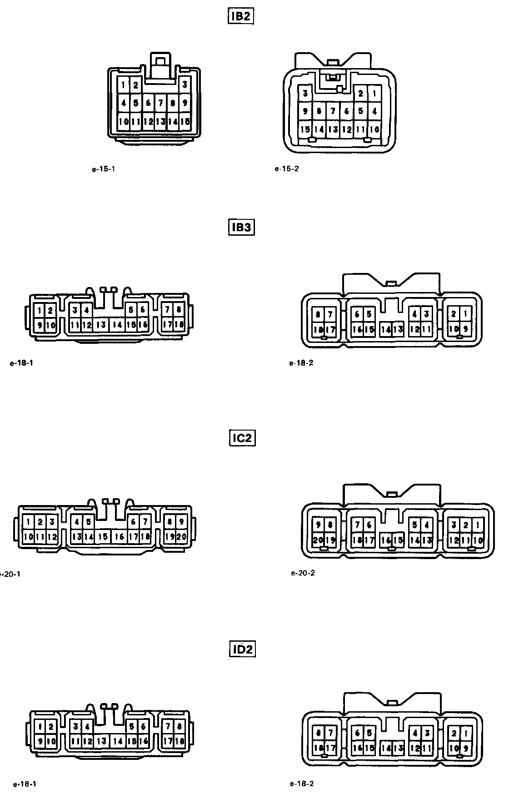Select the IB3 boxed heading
[x=241, y=227]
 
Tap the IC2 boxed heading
[x=242, y=438]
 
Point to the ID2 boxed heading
[x=242, y=649]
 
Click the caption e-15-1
[x=104, y=169]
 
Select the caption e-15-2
[x=287, y=169]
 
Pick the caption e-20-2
[x=303, y=573]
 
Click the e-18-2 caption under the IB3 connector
[x=301, y=363]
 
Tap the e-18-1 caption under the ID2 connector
[x=25, y=784]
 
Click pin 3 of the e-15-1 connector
[x=185, y=84]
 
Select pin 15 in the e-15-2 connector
[x=305, y=129]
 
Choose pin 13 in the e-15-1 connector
[x=160, y=122]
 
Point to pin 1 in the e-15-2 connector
[x=374, y=94]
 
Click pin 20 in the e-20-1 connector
[x=181, y=536]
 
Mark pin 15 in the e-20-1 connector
[x=104, y=536]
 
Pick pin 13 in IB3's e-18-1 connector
[x=101, y=325]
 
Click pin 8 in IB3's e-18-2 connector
[x=318, y=314]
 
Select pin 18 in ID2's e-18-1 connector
[x=179, y=741]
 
